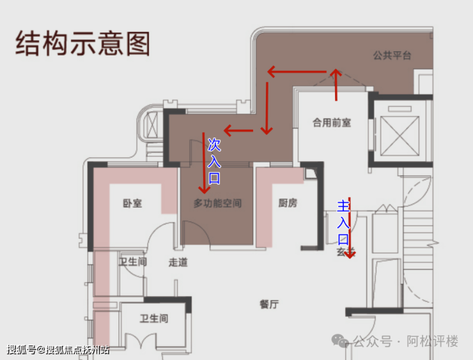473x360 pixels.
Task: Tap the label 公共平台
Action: [392, 56]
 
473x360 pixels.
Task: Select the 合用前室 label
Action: [331, 122]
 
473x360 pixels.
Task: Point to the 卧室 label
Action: [132, 203]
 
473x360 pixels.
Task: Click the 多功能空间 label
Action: [217, 203]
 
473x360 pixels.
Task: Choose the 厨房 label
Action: [287, 203]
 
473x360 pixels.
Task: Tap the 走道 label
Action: [178, 262]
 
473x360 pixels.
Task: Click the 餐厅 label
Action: [269, 304]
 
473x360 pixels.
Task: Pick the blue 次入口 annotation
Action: [214, 162]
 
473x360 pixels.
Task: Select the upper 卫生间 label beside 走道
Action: [132, 262]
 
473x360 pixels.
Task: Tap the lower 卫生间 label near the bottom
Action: [153, 318]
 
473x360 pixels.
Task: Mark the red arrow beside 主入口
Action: [350, 227]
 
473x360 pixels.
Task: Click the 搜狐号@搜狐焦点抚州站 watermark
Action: [58, 350]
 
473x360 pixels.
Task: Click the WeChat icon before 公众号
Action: [344, 342]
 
